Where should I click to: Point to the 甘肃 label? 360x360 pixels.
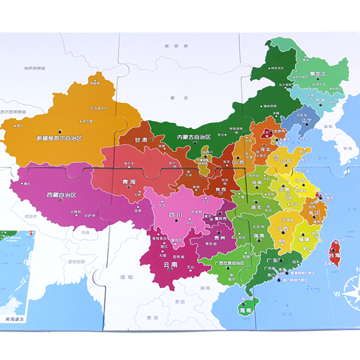142,141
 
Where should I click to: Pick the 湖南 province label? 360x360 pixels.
261,235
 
